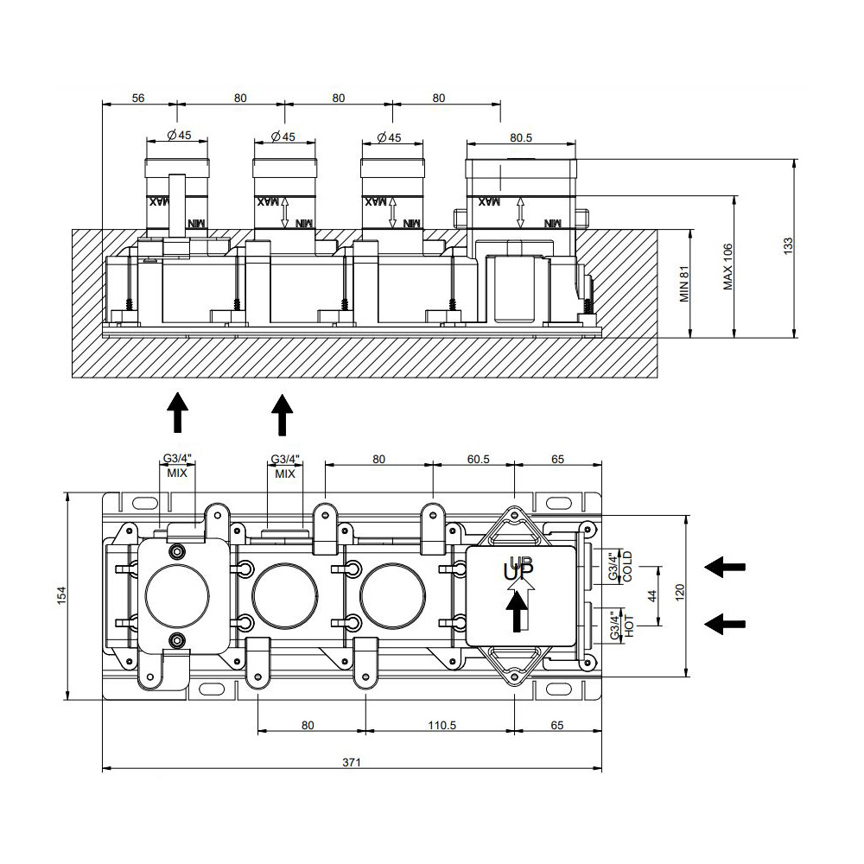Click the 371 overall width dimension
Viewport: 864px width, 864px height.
(x=350, y=762)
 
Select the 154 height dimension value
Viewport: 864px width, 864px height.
(x=61, y=596)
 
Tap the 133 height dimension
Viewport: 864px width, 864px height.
(x=787, y=246)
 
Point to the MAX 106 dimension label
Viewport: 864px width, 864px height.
(x=727, y=266)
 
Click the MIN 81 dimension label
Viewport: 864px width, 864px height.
(x=683, y=283)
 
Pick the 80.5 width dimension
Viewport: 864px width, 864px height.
(x=520, y=137)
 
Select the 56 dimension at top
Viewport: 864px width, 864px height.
(x=138, y=98)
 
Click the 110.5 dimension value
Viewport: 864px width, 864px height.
(x=441, y=725)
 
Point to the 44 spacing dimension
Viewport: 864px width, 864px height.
(x=652, y=595)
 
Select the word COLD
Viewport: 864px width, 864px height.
(x=628, y=567)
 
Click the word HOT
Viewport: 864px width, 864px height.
(x=628, y=626)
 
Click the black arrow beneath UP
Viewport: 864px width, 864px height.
(x=518, y=611)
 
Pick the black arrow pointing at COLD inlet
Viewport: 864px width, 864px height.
(x=725, y=567)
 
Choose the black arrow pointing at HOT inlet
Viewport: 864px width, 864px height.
(x=725, y=622)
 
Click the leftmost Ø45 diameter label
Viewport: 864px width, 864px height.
(x=179, y=136)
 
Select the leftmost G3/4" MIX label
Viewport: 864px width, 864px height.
(x=178, y=466)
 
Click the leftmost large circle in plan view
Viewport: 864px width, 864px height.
(x=177, y=596)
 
